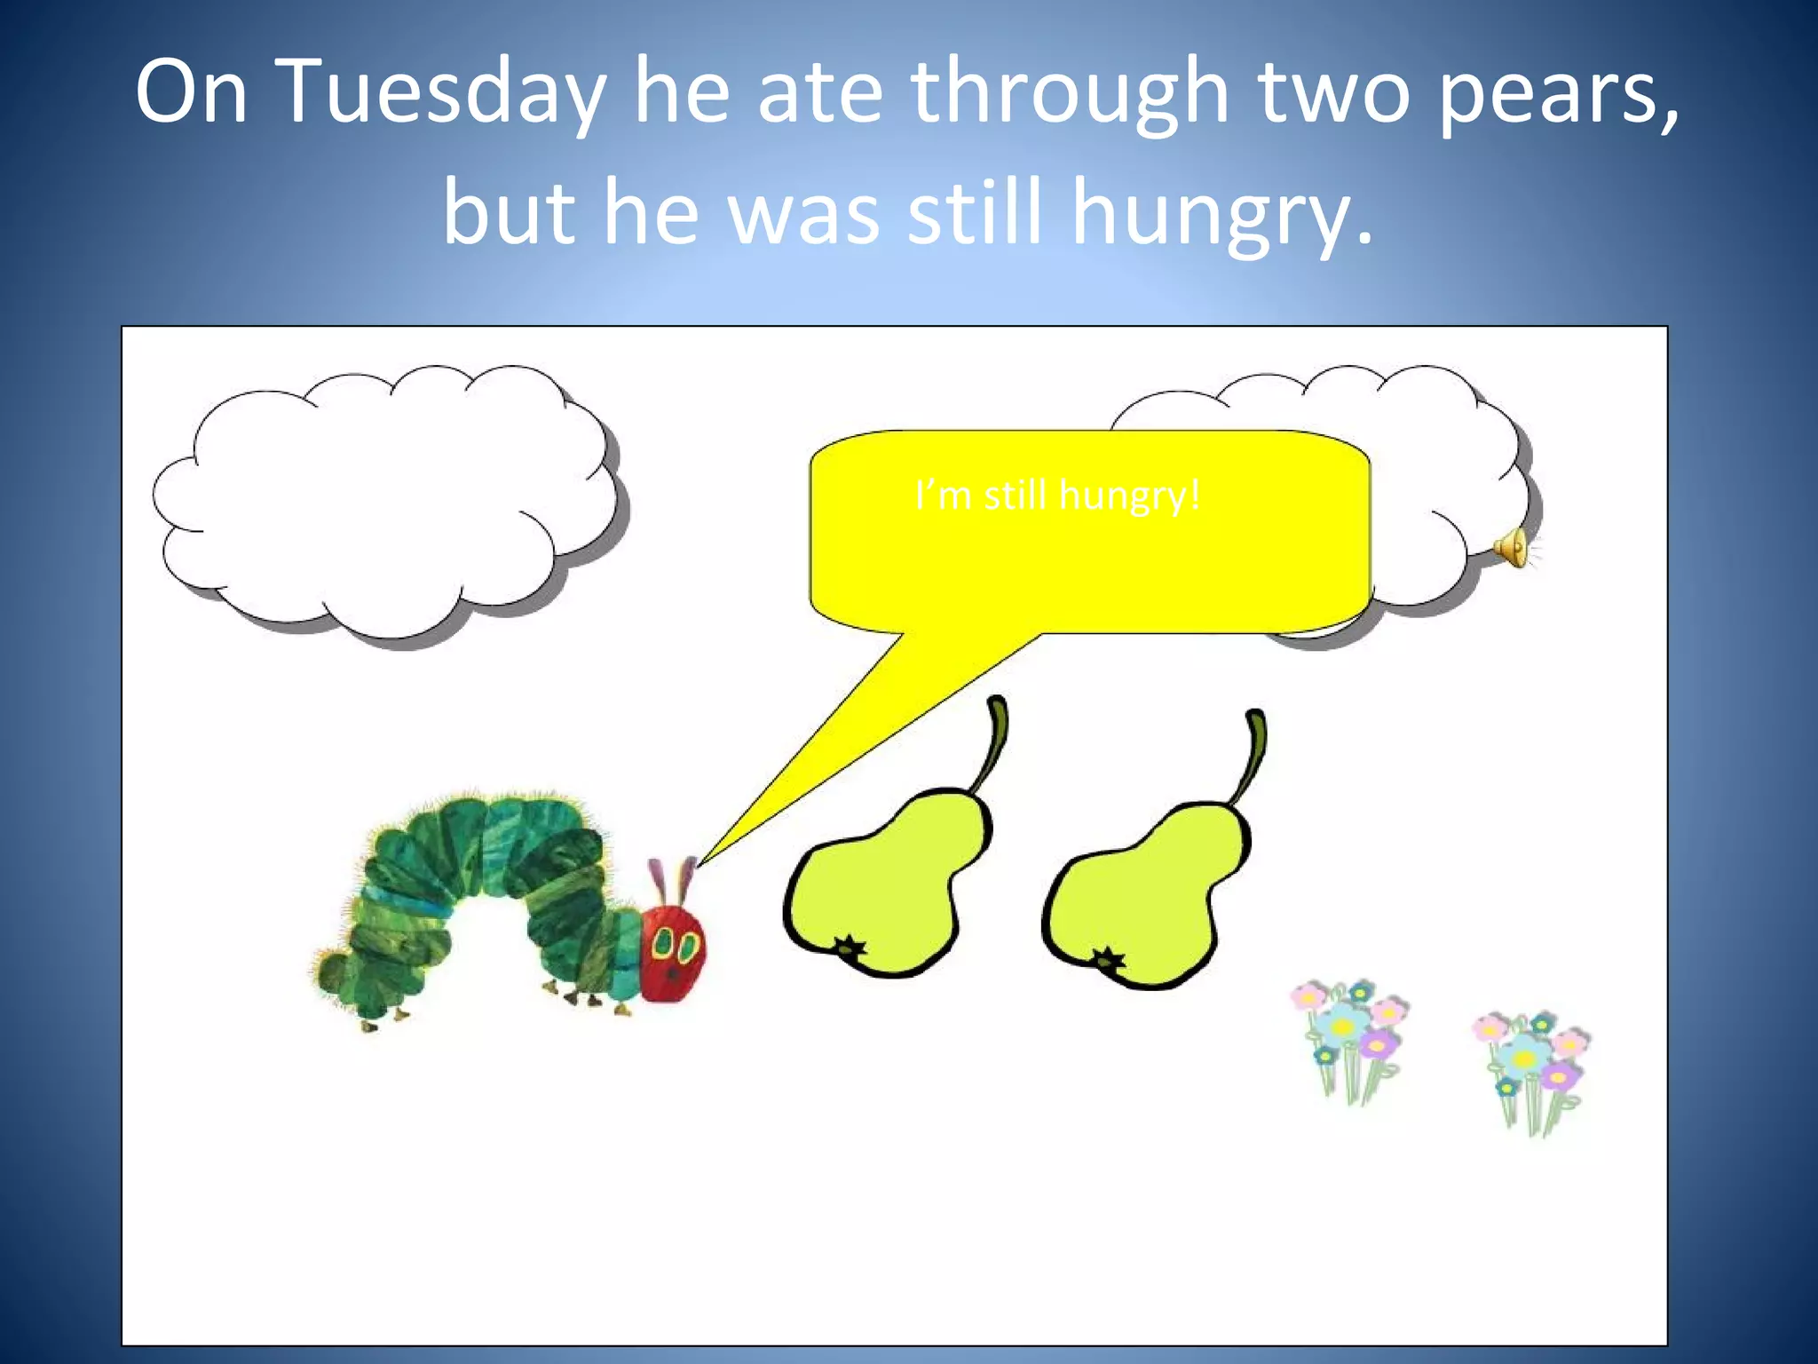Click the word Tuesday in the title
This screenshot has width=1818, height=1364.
pos(441,92)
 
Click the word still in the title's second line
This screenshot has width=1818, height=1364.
pos(974,213)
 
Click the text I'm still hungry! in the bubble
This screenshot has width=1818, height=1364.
pos(1056,496)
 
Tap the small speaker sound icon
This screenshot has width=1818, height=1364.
pos(1513,546)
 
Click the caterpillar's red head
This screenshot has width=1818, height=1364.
pos(672,954)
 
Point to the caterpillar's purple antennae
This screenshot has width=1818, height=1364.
pos(674,879)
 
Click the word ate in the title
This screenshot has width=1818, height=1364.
pos(819,92)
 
